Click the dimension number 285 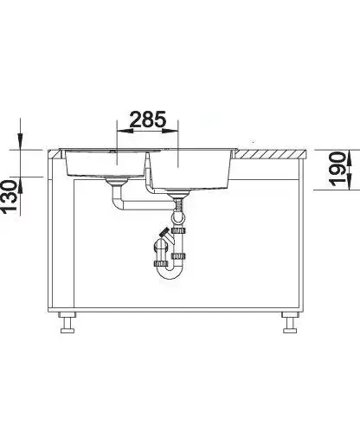coord(148,119)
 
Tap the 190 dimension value coord(337,169)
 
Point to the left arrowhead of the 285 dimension coord(125,131)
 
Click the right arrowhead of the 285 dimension coord(170,131)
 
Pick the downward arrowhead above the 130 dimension coord(21,141)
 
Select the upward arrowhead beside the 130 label coord(21,185)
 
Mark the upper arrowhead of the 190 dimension coord(350,158)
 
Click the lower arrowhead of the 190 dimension coord(350,182)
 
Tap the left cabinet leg coord(67,322)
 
